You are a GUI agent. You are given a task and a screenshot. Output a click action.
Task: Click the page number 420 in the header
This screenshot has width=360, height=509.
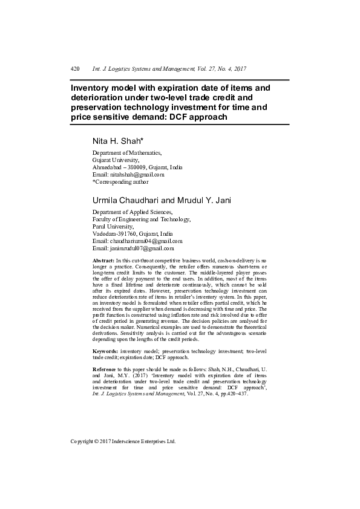pyautogui.click(x=76, y=70)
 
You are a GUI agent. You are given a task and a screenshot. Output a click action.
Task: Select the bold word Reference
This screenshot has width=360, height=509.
pyautogui.click(x=105, y=369)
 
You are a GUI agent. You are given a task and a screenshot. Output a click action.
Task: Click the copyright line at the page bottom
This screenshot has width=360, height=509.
pyautogui.click(x=123, y=441)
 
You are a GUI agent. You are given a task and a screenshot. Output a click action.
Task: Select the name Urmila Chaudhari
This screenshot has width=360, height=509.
pyautogui.click(x=125, y=200)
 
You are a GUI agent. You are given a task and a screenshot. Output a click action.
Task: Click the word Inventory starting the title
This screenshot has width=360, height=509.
pyautogui.click(x=94, y=88)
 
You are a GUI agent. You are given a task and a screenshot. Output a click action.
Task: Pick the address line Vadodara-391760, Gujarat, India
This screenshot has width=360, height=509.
pyautogui.click(x=132, y=233)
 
